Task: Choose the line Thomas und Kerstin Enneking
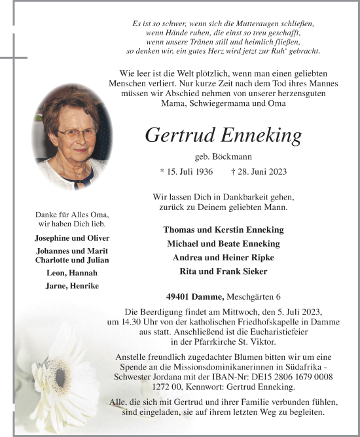tap(223, 230)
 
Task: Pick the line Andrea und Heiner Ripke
tap(223, 257)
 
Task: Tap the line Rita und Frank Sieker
tap(223, 271)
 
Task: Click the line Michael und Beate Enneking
tap(223, 243)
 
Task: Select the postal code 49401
tap(181, 295)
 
